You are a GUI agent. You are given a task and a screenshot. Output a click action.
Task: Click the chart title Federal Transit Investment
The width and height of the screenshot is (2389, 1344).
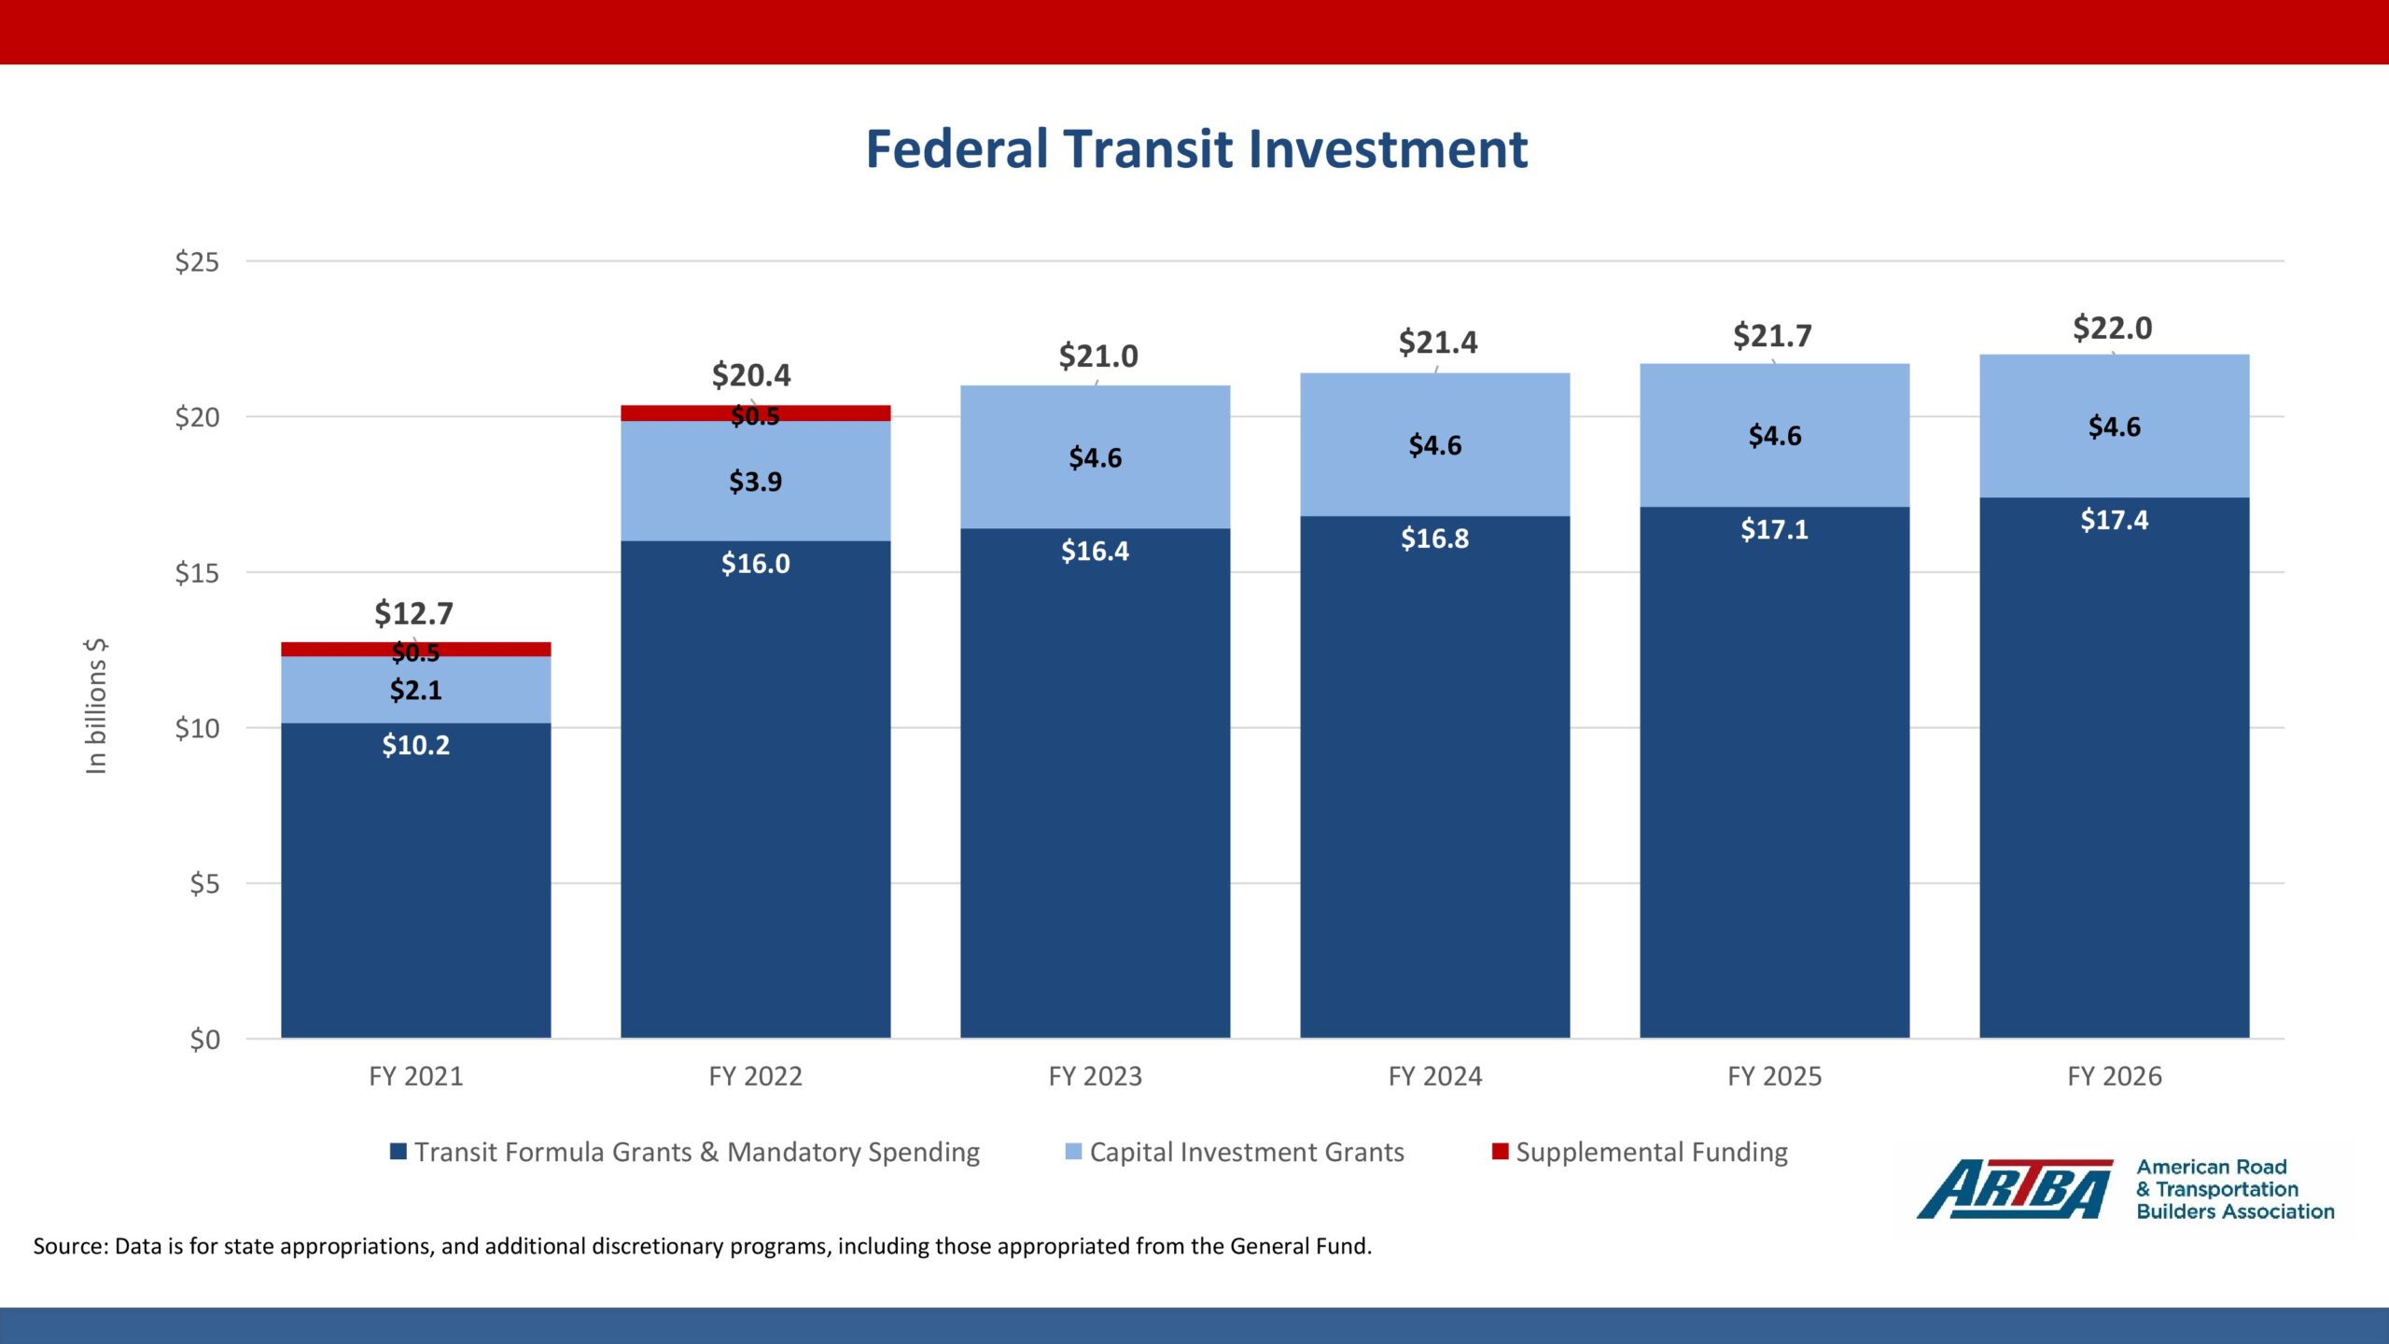click(1196, 149)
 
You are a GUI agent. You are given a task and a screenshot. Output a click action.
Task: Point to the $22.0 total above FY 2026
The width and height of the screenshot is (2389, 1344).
click(2112, 329)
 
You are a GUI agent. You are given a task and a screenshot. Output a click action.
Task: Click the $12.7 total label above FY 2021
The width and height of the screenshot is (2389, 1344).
click(413, 613)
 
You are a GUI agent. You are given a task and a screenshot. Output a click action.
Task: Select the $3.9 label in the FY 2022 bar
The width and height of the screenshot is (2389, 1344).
click(755, 482)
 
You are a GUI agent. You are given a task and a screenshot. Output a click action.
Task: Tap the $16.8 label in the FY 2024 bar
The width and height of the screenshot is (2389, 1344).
click(1434, 539)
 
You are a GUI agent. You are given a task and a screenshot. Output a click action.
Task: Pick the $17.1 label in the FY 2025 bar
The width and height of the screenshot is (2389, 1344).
click(1774, 529)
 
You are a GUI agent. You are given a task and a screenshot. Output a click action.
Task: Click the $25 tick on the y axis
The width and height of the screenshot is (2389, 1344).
click(197, 261)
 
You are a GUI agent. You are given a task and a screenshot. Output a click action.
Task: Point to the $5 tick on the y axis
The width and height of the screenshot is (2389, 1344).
click(204, 883)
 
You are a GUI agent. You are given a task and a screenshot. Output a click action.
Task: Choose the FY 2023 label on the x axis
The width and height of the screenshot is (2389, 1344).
click(1095, 1076)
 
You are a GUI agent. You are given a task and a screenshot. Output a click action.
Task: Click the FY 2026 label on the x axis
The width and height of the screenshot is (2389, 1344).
click(2114, 1076)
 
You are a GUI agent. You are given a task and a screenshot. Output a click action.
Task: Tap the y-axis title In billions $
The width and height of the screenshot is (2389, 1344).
click(96, 707)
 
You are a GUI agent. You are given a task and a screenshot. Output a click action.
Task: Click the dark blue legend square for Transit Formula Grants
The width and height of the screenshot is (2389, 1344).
click(398, 1152)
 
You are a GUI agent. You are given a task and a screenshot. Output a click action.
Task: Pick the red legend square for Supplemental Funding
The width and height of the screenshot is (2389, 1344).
click(1500, 1152)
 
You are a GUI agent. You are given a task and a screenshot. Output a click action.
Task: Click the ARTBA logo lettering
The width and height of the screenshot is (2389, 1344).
click(2014, 1189)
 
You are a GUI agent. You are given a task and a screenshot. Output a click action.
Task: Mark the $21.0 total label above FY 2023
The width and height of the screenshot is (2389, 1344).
click(1097, 357)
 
